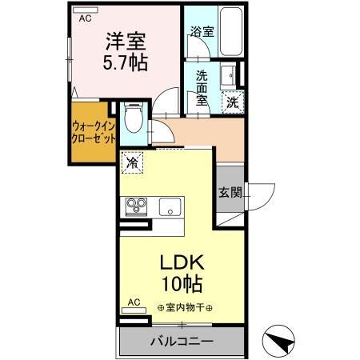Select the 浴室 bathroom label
(201, 33)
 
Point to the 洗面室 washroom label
(202, 87)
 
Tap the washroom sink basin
(227, 74)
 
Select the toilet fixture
(134, 121)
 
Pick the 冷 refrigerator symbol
(133, 162)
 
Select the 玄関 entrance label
(228, 191)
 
